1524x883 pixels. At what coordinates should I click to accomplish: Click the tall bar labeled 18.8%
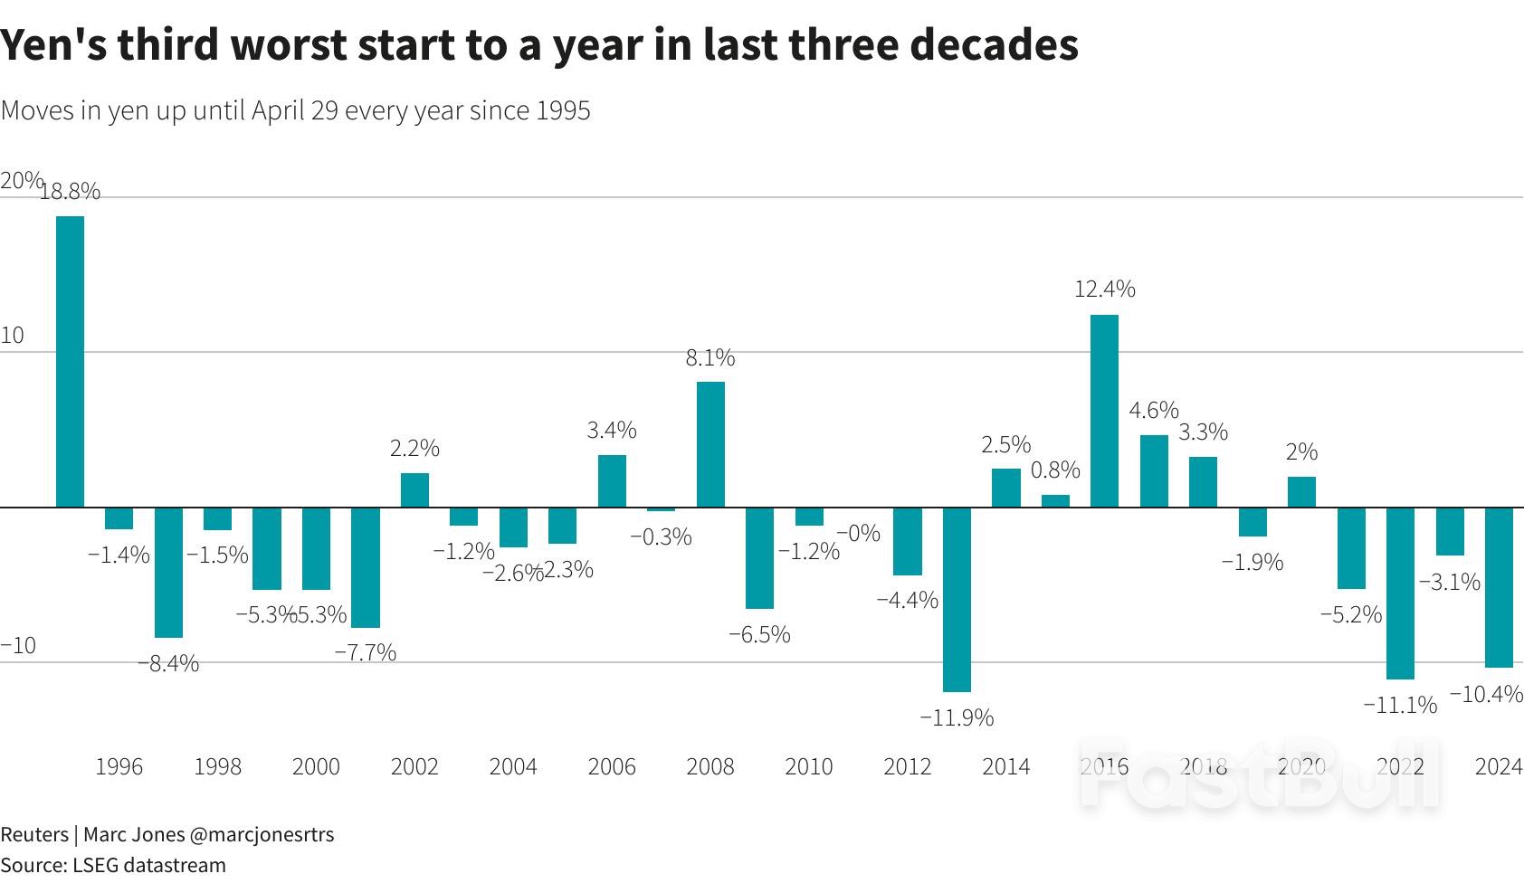pos(70,362)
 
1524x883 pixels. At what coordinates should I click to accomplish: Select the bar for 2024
pos(1499,587)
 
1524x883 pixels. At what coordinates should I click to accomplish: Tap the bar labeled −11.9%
pos(957,599)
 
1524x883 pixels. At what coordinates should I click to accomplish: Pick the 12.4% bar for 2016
pos(1104,411)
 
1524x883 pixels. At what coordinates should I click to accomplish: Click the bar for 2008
pos(710,444)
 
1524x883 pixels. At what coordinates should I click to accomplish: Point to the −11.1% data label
pos(1400,705)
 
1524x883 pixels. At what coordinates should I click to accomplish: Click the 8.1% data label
pos(710,358)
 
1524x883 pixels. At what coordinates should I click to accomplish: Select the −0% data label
pos(858,534)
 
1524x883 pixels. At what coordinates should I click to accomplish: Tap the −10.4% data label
pos(1486,694)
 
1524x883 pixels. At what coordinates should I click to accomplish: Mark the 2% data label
pos(1301,451)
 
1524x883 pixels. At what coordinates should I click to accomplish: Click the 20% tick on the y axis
pos(21,181)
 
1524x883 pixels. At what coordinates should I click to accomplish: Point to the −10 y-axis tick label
pos(18,646)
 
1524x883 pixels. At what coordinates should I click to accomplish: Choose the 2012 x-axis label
pos(907,767)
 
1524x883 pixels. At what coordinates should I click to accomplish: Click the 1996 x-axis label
pos(119,767)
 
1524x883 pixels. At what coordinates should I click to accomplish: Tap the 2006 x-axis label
pos(612,767)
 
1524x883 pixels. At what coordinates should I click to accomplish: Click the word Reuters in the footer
pos(34,834)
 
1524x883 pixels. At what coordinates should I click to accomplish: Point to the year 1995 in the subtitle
pos(563,111)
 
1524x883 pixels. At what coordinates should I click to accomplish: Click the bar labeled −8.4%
pos(168,572)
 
